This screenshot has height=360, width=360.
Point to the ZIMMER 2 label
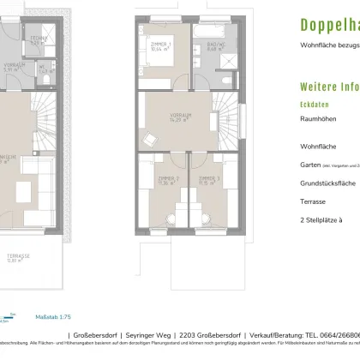[158, 180]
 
